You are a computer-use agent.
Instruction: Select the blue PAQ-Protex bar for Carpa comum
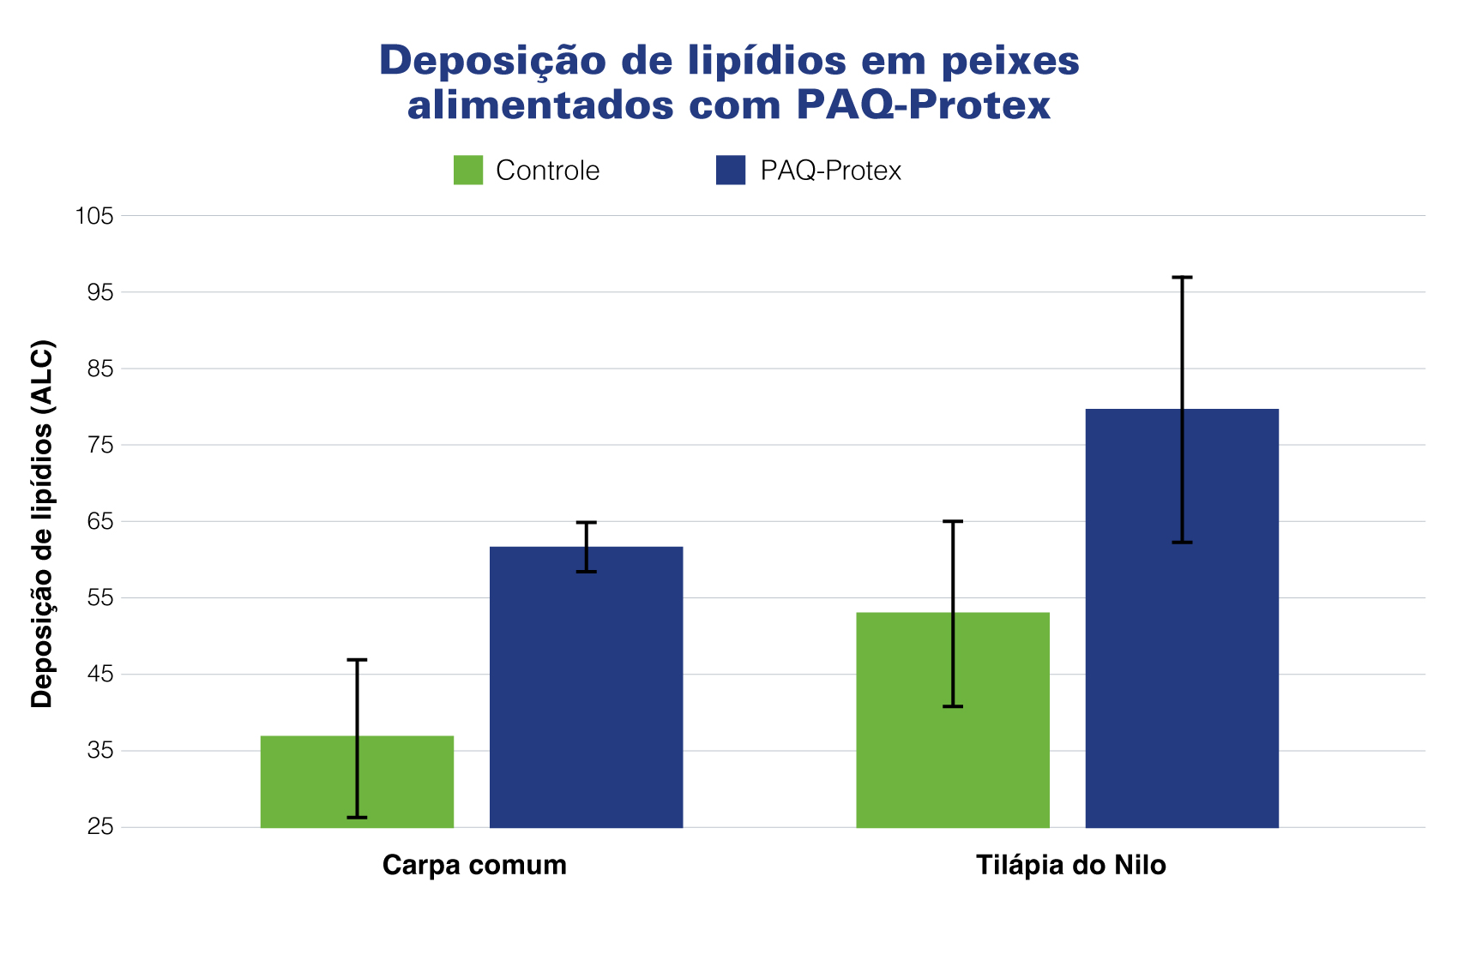pos(586,687)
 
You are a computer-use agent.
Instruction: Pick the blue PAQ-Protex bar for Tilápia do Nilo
pos(1182,618)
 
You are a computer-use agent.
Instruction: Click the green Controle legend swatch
pos(468,170)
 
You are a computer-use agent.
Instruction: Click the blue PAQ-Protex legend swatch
pos(731,170)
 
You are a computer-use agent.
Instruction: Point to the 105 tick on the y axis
pos(94,216)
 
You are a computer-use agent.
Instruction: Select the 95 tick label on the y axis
pos(99,292)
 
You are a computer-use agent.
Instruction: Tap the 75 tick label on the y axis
pos(99,445)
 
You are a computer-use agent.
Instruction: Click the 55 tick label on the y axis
pos(99,597)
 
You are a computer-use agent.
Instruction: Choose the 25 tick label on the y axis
pos(99,827)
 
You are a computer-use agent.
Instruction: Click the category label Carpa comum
pos(474,865)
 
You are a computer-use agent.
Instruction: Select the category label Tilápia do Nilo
pos(1071,865)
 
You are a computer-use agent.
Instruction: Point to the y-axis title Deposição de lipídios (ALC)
pos(42,525)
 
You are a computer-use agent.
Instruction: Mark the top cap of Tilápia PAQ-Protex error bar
pos(1182,278)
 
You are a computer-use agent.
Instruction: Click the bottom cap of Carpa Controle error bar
pos(357,818)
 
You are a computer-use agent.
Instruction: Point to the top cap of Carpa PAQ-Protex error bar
pos(586,522)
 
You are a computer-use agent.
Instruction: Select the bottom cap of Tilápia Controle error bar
pos(953,706)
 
